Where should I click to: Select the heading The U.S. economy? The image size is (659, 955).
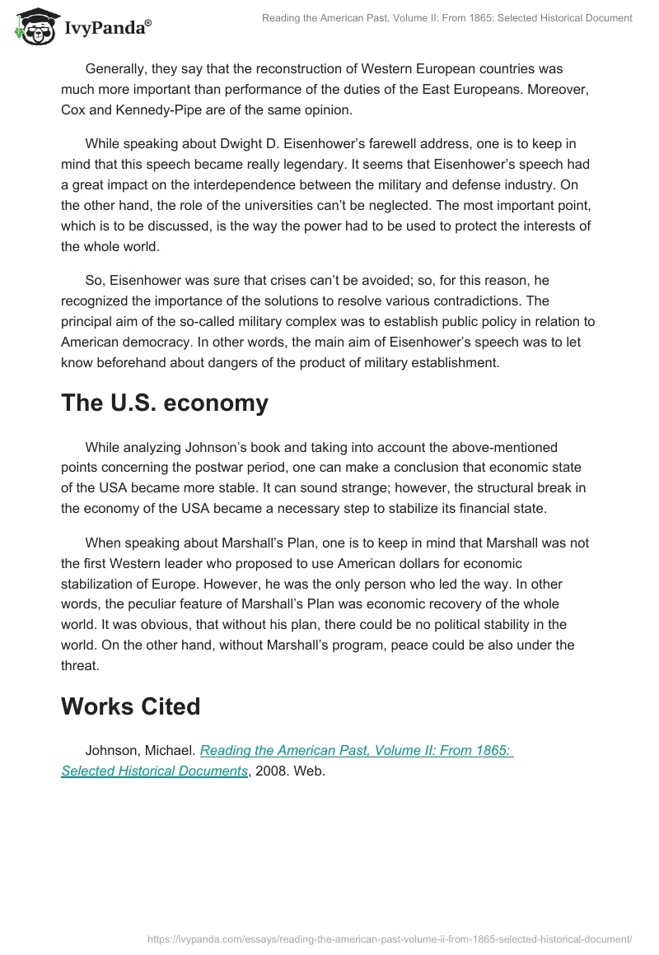(165, 403)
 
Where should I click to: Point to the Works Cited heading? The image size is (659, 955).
(130, 706)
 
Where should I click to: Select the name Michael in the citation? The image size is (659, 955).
(168, 751)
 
